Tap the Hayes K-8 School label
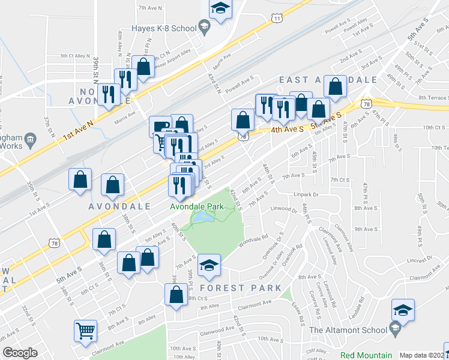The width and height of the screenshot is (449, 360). pyautogui.click(x=164, y=28)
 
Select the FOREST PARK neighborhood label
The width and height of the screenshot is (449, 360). pyautogui.click(x=240, y=288)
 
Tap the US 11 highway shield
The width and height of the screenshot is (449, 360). pyautogui.click(x=276, y=19)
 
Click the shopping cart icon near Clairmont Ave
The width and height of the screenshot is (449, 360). pyautogui.click(x=85, y=330)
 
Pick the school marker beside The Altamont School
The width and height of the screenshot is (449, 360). pyautogui.click(x=403, y=310)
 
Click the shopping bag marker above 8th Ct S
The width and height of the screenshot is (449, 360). pyautogui.click(x=176, y=295)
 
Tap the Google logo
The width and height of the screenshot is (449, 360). pyautogui.click(x=20, y=353)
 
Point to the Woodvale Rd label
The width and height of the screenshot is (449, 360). pyautogui.click(x=252, y=241)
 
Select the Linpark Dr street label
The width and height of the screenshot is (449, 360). pyautogui.click(x=308, y=194)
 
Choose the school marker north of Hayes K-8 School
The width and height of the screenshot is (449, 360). pyautogui.click(x=220, y=9)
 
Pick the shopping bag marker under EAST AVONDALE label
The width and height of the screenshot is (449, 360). pyautogui.click(x=335, y=87)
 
